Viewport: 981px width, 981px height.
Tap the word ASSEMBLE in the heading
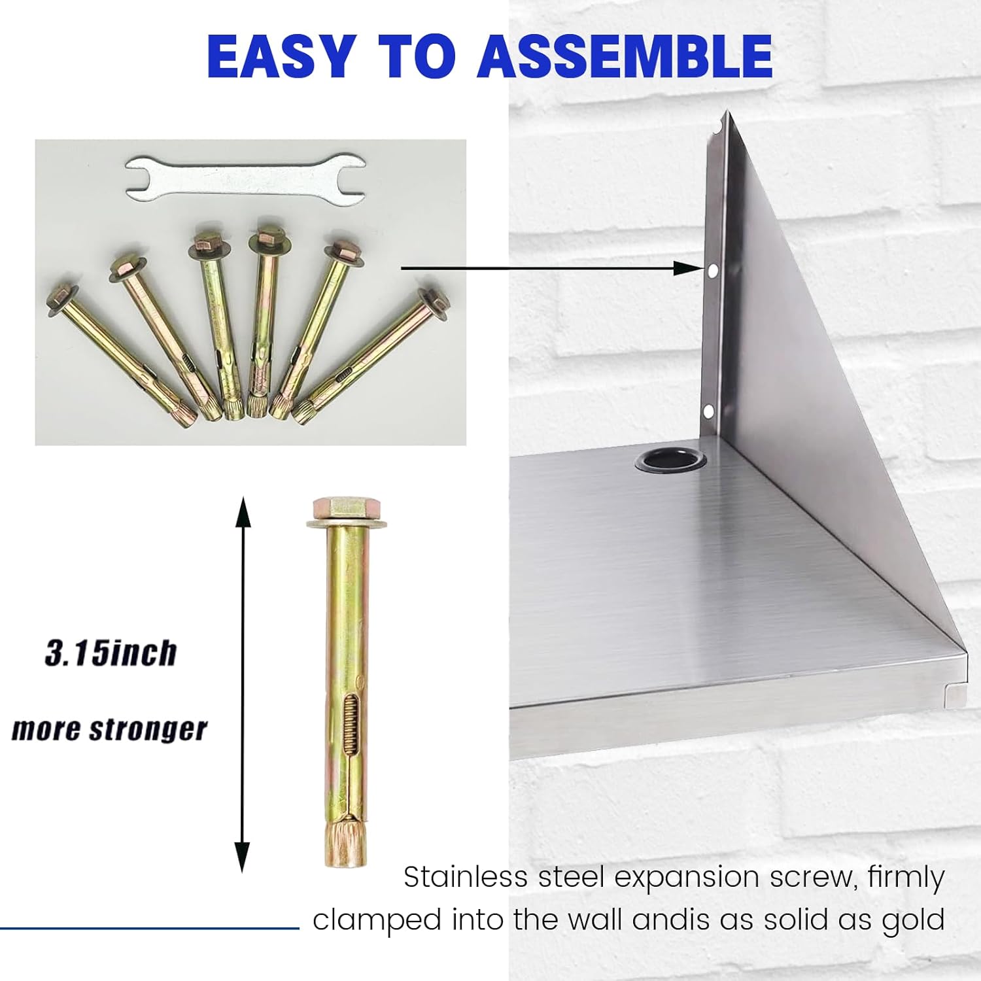(x=625, y=56)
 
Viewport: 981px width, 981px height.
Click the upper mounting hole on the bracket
(x=712, y=269)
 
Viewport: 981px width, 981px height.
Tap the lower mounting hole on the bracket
(x=708, y=411)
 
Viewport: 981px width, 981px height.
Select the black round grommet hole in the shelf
(x=670, y=460)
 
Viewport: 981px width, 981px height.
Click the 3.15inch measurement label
(x=111, y=653)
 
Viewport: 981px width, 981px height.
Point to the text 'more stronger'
(x=109, y=729)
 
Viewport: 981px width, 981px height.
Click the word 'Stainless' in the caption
(x=465, y=877)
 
